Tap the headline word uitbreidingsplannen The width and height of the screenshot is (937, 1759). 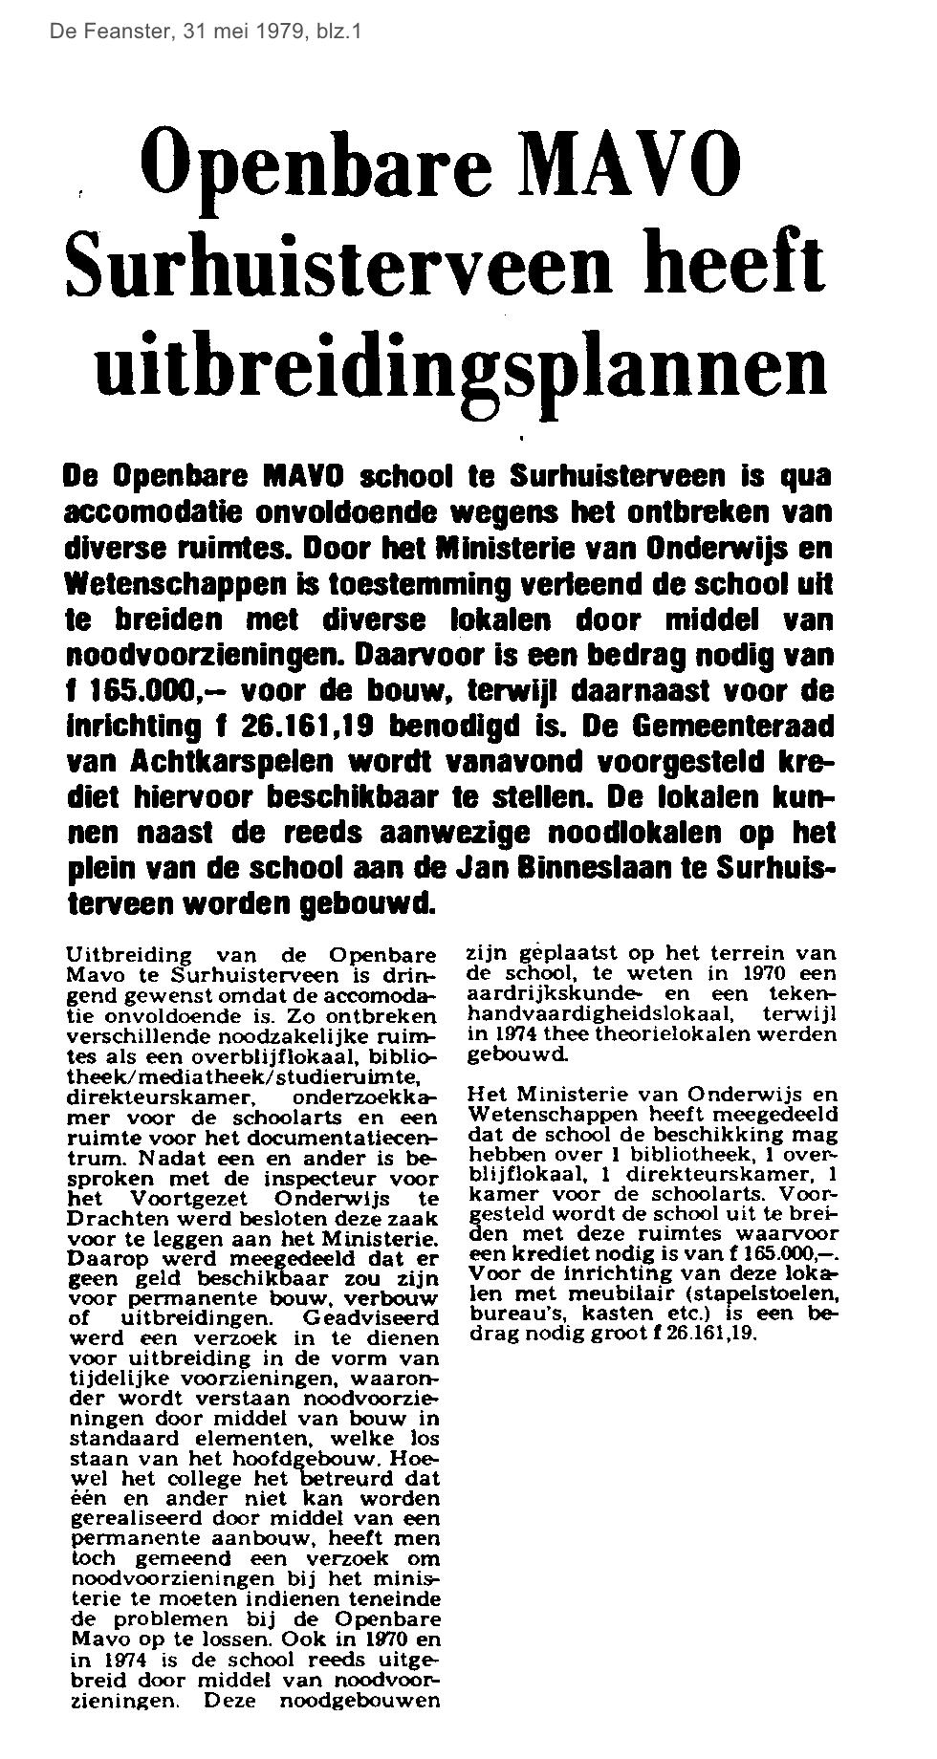(460, 361)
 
